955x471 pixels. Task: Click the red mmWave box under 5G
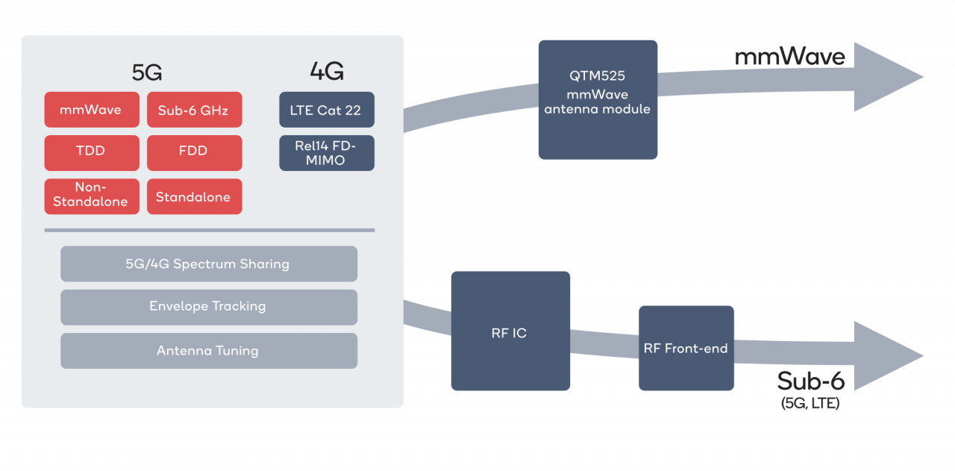pyautogui.click(x=92, y=110)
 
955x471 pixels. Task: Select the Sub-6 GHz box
pyautogui.click(x=194, y=110)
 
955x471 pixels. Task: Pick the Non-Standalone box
pyautogui.click(x=92, y=196)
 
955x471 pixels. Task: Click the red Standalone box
pyautogui.click(x=194, y=196)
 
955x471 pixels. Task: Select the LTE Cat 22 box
pyautogui.click(x=326, y=110)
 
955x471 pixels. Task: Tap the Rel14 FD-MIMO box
pyautogui.click(x=326, y=152)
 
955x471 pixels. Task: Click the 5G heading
pyautogui.click(x=147, y=72)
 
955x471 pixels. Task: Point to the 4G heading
pyautogui.click(x=326, y=72)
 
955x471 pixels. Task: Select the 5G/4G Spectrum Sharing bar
pyautogui.click(x=208, y=263)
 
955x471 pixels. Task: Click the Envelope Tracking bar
pyautogui.click(x=208, y=307)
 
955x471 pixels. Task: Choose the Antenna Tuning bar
pyautogui.click(x=208, y=350)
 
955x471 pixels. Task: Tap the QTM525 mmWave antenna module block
pyautogui.click(x=598, y=99)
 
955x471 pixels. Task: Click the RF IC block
pyautogui.click(x=510, y=331)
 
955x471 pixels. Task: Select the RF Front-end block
pyautogui.click(x=686, y=348)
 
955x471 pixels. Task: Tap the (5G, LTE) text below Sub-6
pyautogui.click(x=810, y=404)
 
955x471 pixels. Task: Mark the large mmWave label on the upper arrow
pyautogui.click(x=789, y=57)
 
